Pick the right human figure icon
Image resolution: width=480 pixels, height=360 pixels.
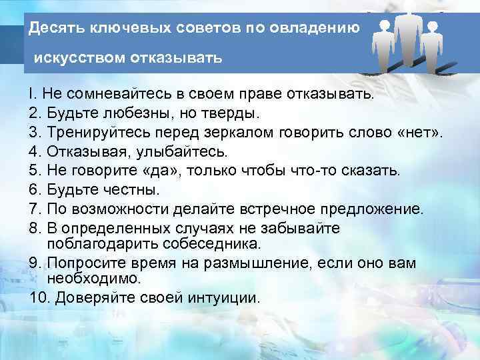pyautogui.click(x=432, y=43)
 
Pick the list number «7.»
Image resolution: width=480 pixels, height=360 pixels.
pyautogui.click(x=35, y=209)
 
